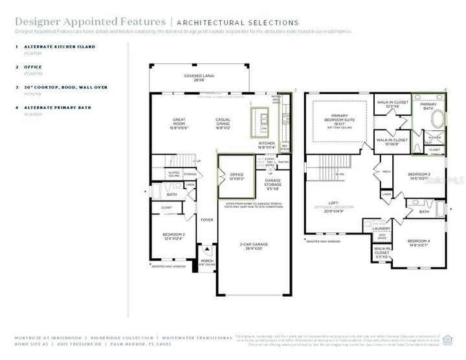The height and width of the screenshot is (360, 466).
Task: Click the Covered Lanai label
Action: tap(195, 76)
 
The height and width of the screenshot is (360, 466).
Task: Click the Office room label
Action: tap(236, 175)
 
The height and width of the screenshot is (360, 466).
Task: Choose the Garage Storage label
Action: tap(272, 186)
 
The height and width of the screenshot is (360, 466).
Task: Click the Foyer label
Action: tap(206, 219)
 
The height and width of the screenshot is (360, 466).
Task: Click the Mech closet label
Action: tap(386, 172)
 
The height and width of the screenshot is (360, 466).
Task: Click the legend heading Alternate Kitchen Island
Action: tap(60, 47)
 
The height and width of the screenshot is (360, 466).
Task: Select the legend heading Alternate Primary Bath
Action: tap(58, 107)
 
